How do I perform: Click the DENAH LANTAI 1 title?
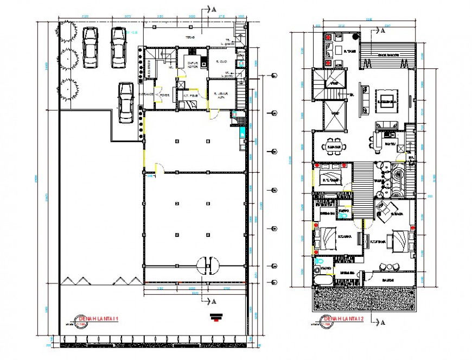click(x=95, y=319)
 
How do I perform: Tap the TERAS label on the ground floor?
click(x=190, y=38)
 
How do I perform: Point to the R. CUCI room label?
click(x=219, y=61)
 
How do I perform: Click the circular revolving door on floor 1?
click(x=208, y=266)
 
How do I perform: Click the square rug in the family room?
click(x=387, y=102)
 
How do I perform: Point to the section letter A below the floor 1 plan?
click(x=214, y=300)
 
